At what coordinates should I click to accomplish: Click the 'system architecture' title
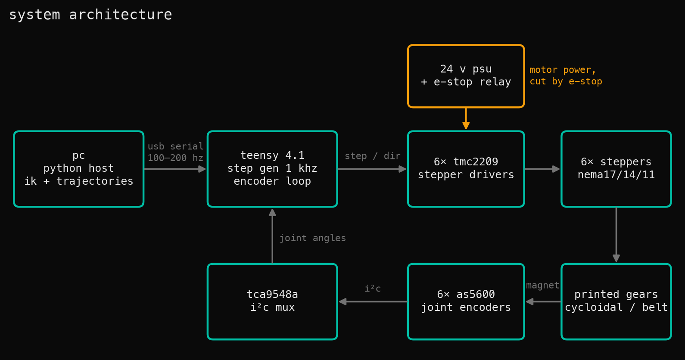coord(90,15)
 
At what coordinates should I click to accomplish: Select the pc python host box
coord(78,169)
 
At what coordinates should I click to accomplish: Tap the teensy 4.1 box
coord(272,169)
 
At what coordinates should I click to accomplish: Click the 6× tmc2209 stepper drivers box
coord(466,169)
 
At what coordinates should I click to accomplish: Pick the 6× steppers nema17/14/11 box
coord(616,169)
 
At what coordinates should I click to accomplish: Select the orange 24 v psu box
coord(466,76)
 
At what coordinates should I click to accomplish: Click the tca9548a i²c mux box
coord(272,301)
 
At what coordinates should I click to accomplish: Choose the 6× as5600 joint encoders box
coord(466,301)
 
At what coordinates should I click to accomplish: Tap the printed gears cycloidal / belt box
coord(616,301)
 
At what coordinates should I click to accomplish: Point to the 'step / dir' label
coord(373,156)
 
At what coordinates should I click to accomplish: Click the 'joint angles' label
coord(312,238)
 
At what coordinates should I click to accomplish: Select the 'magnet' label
coord(542,286)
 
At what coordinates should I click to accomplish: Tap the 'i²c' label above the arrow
coord(373,288)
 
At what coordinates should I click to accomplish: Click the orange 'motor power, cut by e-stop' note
coord(566,75)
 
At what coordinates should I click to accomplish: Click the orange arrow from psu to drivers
coord(466,119)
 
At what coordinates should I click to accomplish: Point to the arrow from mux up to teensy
coord(272,236)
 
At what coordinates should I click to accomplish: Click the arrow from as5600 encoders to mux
coord(373,301)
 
